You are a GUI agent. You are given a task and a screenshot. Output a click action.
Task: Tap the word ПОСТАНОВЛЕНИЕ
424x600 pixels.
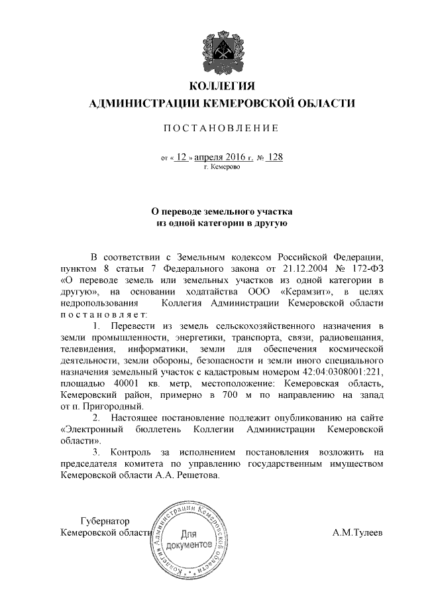point(212,127)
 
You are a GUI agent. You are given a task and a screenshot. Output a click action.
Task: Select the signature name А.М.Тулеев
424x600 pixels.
point(358,532)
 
